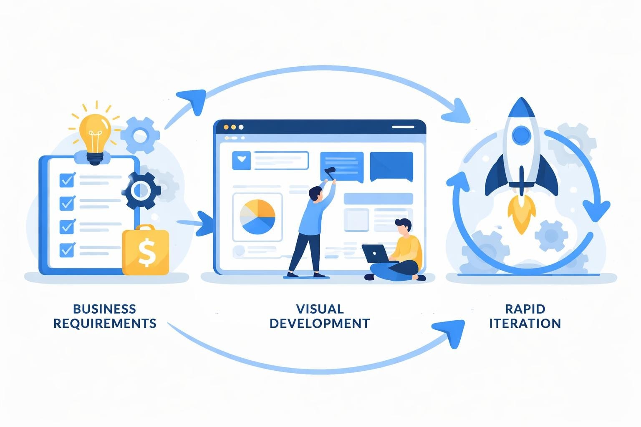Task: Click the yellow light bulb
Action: tap(95, 136)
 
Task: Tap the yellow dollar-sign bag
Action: tap(146, 251)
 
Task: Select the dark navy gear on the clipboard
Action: tap(141, 191)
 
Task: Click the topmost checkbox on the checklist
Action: tap(67, 180)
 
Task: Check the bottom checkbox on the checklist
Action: tap(67, 250)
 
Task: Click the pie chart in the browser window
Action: tap(257, 217)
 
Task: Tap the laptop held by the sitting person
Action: tap(374, 254)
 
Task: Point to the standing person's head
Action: tap(316, 194)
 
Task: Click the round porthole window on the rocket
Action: tap(521, 134)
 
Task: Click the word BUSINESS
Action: tap(104, 309)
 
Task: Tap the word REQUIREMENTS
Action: tap(105, 324)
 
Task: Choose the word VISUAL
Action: tap(320, 309)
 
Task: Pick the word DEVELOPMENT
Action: tap(320, 324)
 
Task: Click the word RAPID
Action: tap(525, 309)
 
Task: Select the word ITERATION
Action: tap(525, 324)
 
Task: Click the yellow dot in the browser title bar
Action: tap(227, 127)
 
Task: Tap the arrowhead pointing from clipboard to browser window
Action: tap(205, 224)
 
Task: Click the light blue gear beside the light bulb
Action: tap(140, 135)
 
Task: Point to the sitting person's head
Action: tap(404, 228)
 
